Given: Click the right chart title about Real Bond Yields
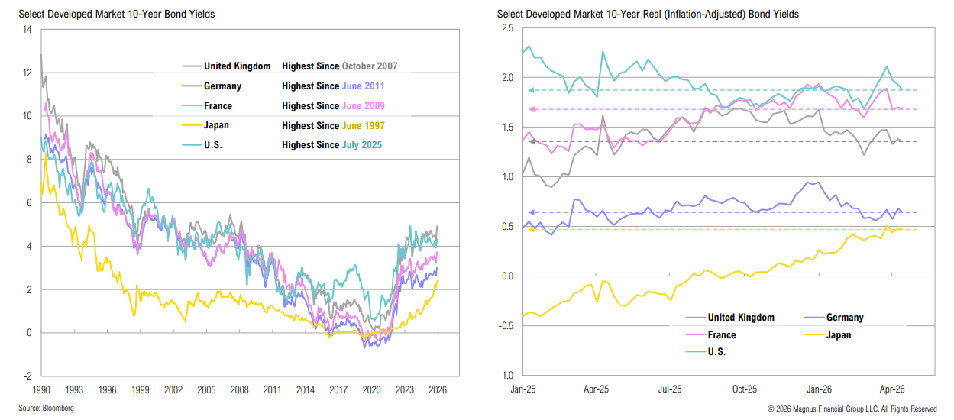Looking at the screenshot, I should coord(648,14).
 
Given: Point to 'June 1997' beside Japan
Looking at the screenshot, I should coord(364,126).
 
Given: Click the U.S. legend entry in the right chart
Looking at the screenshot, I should coord(716,352).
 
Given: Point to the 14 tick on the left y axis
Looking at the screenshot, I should coord(27,30).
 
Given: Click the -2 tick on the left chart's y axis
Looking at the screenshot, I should coord(27,376).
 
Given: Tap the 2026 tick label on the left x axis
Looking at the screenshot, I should coord(437,389).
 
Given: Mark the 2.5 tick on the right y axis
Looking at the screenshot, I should coord(508,29).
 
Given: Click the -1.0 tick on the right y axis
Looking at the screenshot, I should coord(506,376).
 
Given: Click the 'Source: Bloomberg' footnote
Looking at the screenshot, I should coord(47,409).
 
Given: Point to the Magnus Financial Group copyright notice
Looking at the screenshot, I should coord(852,409).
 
